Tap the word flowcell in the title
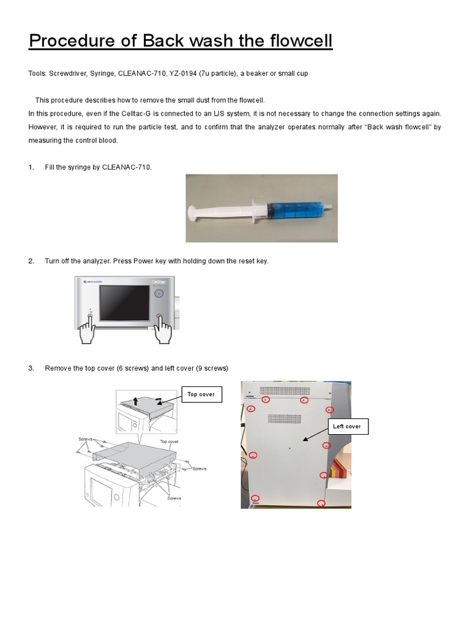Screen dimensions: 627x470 293,41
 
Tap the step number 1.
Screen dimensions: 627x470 31,167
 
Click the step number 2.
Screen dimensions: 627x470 31,261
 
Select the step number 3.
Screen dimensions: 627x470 31,368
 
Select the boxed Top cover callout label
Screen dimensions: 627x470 201,395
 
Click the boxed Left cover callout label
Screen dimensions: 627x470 347,426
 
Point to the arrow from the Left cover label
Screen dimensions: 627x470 315,434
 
